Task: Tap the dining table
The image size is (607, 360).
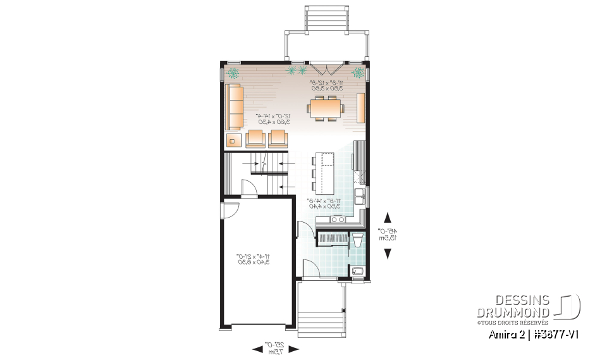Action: (x=326, y=108)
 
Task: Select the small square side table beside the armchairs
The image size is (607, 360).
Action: (x=233, y=140)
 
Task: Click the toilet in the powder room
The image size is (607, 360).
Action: (x=357, y=241)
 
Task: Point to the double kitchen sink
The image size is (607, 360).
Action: (x=360, y=197)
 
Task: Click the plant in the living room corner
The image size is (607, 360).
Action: (x=233, y=73)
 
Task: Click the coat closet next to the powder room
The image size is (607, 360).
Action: (x=332, y=239)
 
